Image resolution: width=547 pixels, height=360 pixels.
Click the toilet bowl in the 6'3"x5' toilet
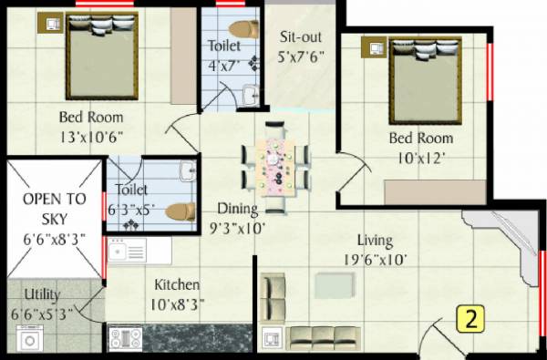click(x=181, y=210)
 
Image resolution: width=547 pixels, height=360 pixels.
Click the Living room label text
click(x=375, y=241)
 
